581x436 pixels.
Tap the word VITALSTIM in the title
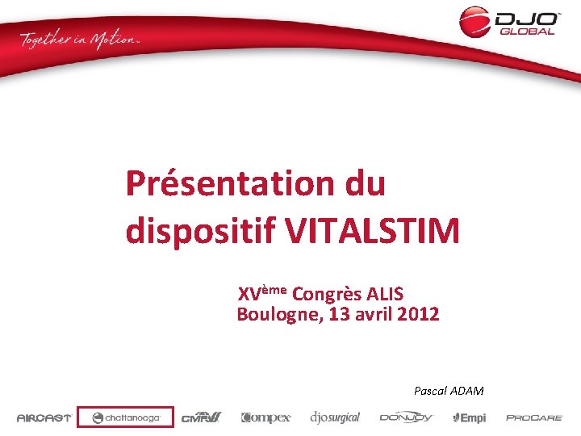(372, 232)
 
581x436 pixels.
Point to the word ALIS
(385, 293)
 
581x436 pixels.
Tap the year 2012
(418, 314)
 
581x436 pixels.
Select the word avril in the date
(377, 314)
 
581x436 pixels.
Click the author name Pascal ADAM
(449, 391)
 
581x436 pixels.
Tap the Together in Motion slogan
(80, 40)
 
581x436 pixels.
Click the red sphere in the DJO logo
(474, 21)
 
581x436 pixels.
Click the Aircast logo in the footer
(44, 417)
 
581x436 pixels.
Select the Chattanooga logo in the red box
(125, 417)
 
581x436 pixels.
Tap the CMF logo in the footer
(201, 417)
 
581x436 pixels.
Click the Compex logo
(265, 417)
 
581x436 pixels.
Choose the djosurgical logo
(335, 417)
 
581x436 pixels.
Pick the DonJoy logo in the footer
(407, 417)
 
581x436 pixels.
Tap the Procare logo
(534, 417)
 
